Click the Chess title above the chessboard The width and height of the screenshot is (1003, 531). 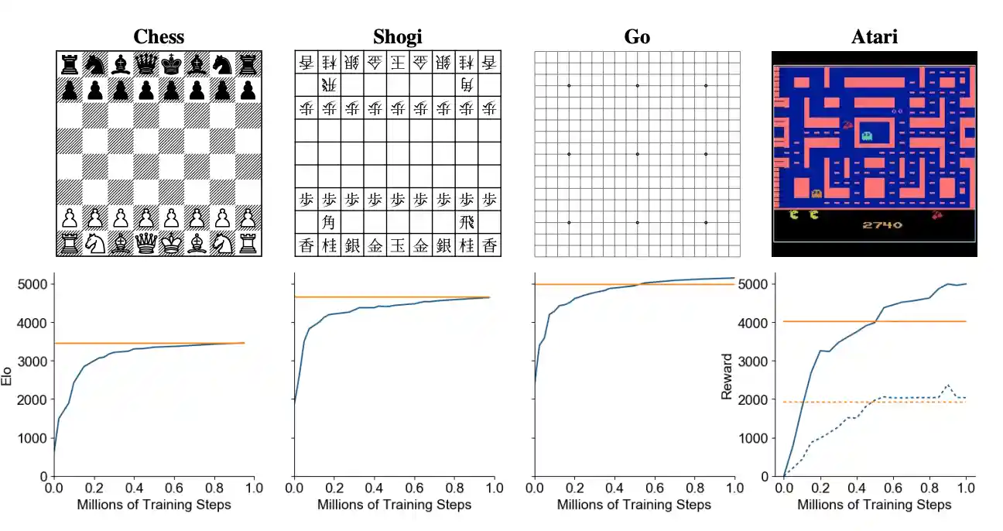[x=159, y=36]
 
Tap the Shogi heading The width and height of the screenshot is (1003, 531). [x=398, y=36]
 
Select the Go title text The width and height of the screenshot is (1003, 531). [x=637, y=36]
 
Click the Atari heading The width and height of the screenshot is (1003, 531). [x=874, y=36]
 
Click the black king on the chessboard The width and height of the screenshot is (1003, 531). [x=172, y=63]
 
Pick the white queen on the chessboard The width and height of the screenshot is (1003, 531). [x=145, y=244]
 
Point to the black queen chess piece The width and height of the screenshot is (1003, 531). [x=145, y=63]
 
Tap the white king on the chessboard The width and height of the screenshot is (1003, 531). [x=172, y=244]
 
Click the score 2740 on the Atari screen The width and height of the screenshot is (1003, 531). [x=881, y=225]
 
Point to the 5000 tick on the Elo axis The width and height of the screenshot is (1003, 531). [x=32, y=284]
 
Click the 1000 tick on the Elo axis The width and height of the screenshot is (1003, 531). [x=32, y=438]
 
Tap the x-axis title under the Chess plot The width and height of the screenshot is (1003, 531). [x=154, y=505]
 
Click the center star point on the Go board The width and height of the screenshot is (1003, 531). [x=637, y=154]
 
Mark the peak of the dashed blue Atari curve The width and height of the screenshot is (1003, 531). [x=947, y=385]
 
